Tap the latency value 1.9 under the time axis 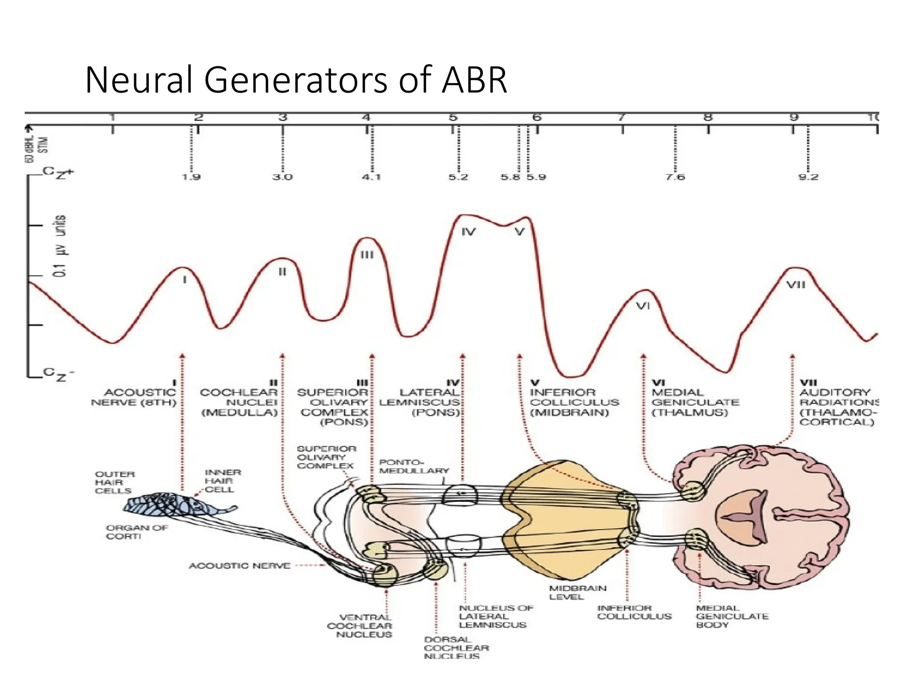191,177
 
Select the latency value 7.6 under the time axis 675,177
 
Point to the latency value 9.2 808,177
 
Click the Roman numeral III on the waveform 367,255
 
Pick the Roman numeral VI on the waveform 643,306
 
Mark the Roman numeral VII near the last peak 796,285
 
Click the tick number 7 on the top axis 621,117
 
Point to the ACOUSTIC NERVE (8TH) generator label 135,397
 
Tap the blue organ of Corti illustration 177,505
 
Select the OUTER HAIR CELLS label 114,482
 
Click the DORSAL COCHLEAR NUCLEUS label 456,648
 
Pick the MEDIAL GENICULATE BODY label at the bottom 731,616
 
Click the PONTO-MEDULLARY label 413,467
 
